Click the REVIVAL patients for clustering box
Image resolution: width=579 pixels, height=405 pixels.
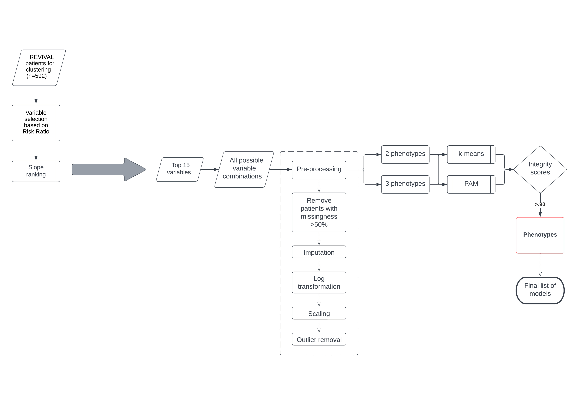[x=39, y=68]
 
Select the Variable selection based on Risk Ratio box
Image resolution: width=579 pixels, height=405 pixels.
[x=36, y=123]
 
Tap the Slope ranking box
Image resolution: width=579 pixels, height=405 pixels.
[x=36, y=171]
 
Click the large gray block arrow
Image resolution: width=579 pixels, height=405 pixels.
[x=109, y=169]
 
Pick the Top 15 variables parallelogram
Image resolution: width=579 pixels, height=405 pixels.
[x=180, y=169]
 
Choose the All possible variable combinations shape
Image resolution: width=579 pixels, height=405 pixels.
[x=244, y=169]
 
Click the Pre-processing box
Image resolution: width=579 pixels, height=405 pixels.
[x=319, y=170]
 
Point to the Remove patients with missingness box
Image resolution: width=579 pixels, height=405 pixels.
[x=319, y=212]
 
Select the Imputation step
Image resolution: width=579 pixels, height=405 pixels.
[x=319, y=252]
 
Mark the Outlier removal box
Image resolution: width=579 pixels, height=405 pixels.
[x=319, y=339]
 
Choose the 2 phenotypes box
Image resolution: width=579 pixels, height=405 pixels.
[x=405, y=154]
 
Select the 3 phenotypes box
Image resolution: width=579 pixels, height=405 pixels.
[x=405, y=184]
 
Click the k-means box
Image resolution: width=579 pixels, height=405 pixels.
[x=471, y=154]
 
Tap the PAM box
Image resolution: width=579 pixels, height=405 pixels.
[x=471, y=184]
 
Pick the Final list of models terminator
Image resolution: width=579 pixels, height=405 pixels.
[x=540, y=290]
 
